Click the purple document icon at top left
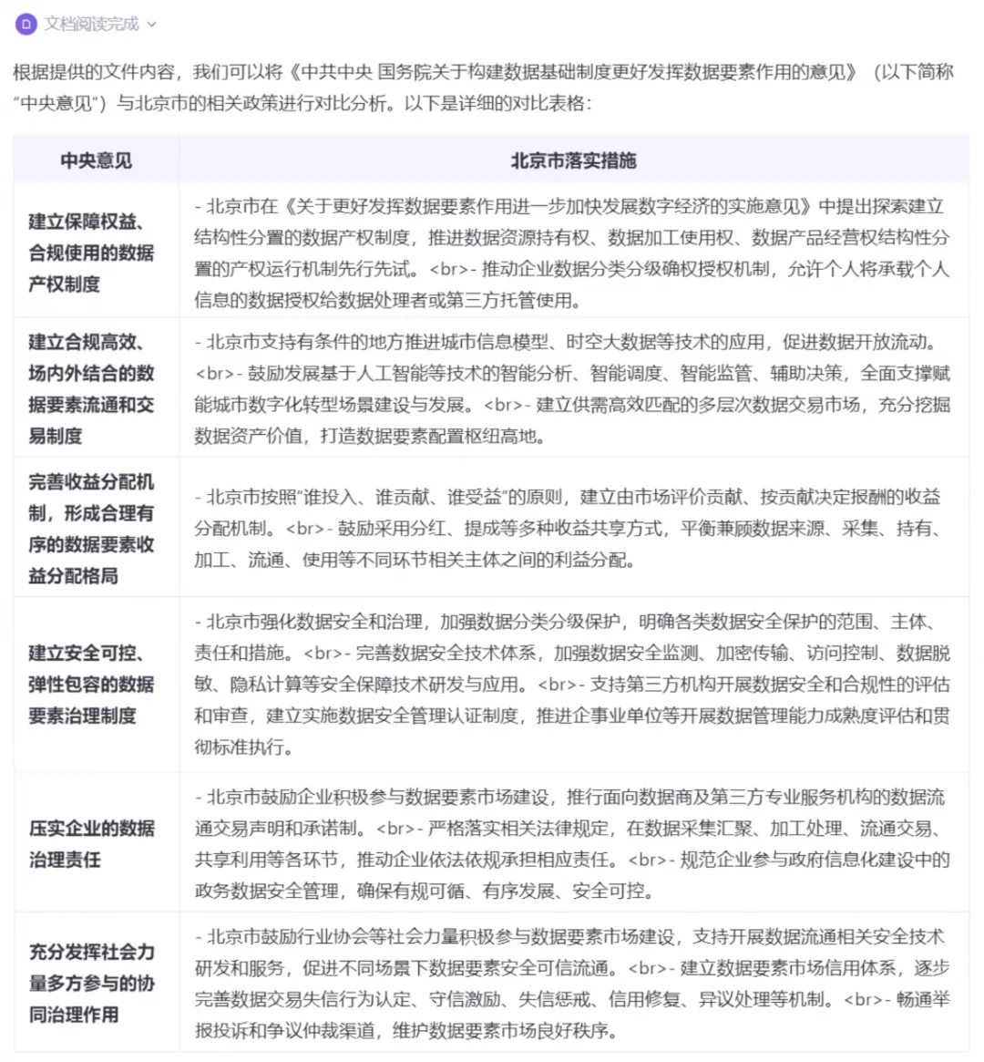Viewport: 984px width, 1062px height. pyautogui.click(x=26, y=24)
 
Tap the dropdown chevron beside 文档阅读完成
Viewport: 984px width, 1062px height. pyautogui.click(x=152, y=25)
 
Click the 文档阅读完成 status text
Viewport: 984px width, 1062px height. pyautogui.click(x=92, y=24)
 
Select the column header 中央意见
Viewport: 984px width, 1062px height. pyautogui.click(x=96, y=160)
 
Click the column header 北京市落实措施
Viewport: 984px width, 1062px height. pyautogui.click(x=573, y=160)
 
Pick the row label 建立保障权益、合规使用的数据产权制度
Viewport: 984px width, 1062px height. pyautogui.click(x=91, y=253)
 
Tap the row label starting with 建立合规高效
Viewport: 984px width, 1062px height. pyautogui.click(x=91, y=388)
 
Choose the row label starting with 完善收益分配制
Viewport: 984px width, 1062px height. pyautogui.click(x=91, y=529)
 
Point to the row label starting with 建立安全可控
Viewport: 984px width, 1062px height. pyautogui.click(x=91, y=685)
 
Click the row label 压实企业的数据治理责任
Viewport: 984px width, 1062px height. pyautogui.click(x=91, y=843)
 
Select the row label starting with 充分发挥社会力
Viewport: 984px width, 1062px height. pyautogui.click(x=91, y=983)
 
